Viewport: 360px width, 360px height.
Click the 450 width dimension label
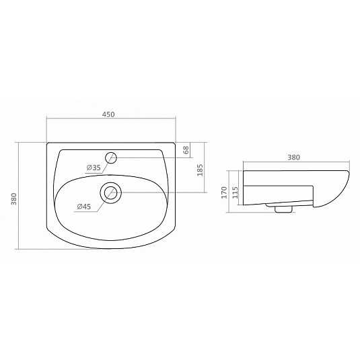click(x=108, y=114)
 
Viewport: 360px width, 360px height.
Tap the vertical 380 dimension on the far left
click(x=14, y=199)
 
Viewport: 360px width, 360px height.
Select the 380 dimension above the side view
click(x=293, y=157)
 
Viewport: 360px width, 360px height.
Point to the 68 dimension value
click(x=186, y=150)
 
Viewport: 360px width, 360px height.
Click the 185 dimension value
click(x=200, y=170)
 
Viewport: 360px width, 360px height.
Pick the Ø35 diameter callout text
click(x=94, y=168)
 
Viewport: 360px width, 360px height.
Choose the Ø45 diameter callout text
click(x=84, y=207)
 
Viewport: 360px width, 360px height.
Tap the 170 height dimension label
click(x=224, y=192)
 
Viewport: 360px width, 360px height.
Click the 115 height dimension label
click(x=235, y=192)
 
